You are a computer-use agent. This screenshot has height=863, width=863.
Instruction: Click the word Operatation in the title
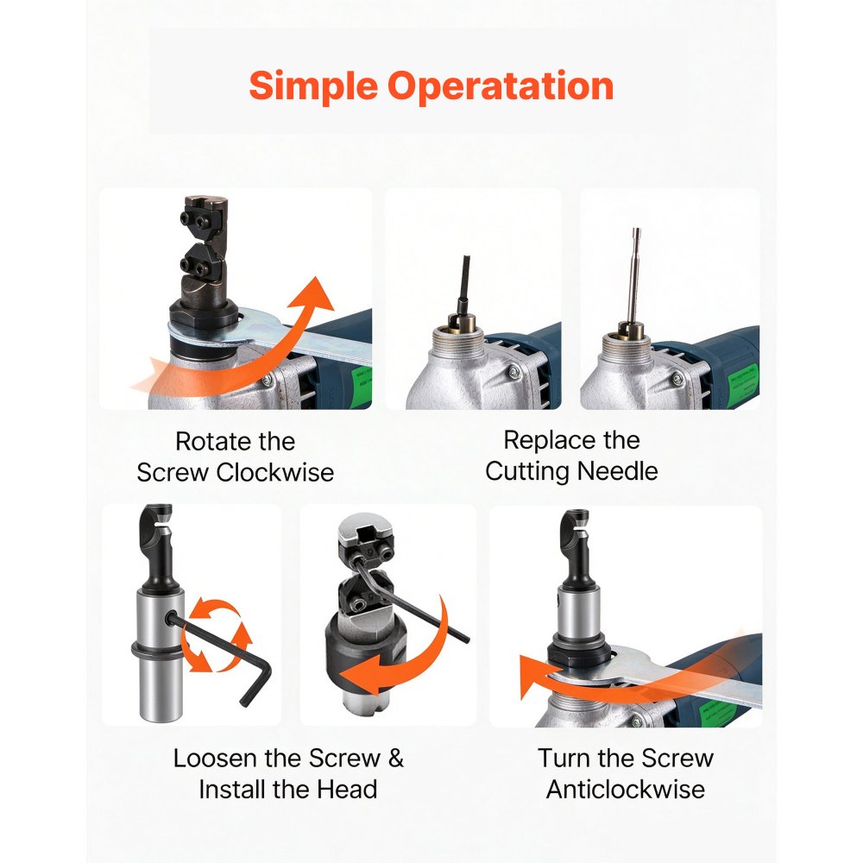[501, 87]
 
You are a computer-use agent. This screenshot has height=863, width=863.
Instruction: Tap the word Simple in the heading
[314, 87]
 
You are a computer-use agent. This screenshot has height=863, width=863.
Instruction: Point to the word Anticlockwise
[626, 790]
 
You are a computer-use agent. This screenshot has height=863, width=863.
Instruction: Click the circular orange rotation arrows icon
[217, 636]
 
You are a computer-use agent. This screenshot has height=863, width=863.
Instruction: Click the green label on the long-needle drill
[743, 380]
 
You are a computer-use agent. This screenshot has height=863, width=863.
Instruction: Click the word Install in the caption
[231, 790]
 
